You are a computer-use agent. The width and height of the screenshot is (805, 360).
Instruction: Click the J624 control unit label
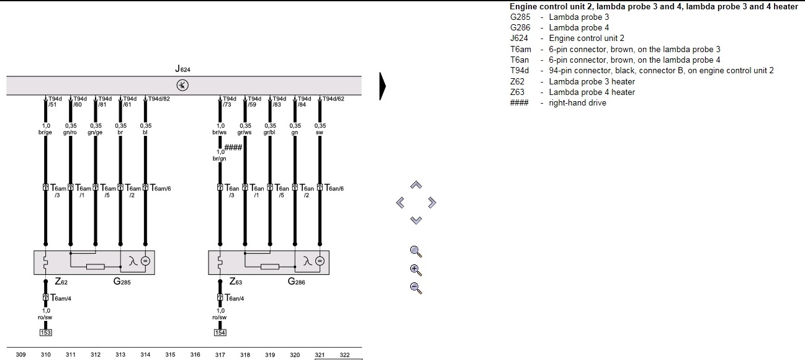(182, 70)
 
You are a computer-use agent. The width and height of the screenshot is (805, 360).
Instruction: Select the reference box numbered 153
(45, 332)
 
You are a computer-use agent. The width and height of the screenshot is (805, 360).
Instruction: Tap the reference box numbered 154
(220, 332)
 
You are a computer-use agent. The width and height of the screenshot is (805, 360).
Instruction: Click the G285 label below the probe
(122, 282)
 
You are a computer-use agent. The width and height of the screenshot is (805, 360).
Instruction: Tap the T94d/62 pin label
(333, 99)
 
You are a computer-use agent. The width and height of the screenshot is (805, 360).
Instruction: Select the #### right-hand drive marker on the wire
(233, 146)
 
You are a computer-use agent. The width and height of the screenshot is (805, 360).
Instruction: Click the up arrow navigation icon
(416, 185)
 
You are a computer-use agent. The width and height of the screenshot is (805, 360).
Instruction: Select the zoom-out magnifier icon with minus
(416, 288)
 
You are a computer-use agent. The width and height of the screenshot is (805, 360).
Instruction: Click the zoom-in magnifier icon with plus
(416, 270)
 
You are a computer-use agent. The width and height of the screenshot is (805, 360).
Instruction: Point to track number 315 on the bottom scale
(170, 355)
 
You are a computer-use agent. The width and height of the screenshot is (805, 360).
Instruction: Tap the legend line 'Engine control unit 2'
(587, 38)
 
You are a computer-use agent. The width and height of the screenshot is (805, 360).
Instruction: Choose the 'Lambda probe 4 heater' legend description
(591, 92)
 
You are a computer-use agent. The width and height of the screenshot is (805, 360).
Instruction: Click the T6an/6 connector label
(333, 188)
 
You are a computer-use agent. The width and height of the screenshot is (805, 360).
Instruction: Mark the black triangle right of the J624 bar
(382, 86)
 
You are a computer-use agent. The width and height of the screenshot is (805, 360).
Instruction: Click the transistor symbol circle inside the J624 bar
(183, 85)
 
